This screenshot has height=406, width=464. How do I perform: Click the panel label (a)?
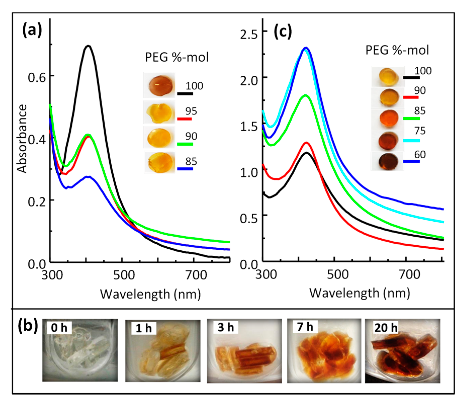tap(32, 30)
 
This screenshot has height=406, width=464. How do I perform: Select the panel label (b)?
tap(28, 326)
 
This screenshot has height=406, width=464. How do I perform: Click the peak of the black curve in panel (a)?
tap(88, 46)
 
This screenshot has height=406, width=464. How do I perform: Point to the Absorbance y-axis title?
tap(22, 139)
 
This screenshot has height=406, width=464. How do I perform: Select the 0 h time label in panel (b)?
tap(59, 328)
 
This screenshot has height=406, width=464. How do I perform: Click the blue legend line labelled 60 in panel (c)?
tap(411, 161)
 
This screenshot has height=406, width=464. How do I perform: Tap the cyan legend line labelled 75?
tap(411, 141)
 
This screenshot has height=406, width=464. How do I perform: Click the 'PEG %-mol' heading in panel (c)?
tap(397, 50)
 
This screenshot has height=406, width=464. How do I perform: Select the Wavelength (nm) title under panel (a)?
tap(150, 294)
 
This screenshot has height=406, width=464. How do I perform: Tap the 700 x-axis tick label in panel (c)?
tap(409, 274)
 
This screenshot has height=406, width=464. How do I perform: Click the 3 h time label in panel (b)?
tap(225, 327)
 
